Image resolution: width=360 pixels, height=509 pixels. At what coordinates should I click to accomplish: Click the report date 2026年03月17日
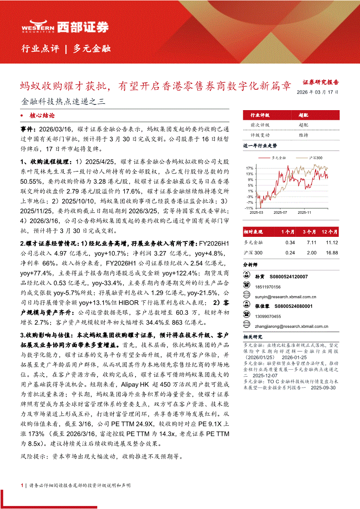317,92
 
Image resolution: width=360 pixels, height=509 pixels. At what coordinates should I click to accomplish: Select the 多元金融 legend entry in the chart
278,157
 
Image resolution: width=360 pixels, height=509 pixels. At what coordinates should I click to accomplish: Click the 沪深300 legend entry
315,157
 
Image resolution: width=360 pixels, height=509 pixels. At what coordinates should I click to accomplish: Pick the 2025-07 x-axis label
280,213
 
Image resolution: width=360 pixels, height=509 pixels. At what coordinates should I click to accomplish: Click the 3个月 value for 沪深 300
311,253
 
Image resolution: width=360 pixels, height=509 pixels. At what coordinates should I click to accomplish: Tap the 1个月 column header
289,232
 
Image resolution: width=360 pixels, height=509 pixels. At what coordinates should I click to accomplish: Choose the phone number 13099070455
268,316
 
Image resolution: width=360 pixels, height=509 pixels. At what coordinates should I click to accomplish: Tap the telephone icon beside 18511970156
247,287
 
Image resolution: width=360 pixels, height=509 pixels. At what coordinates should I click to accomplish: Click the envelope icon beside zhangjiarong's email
247,326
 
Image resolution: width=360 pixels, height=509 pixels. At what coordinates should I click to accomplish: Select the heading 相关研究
253,337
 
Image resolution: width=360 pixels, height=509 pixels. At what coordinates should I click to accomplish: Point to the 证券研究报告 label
320,82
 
